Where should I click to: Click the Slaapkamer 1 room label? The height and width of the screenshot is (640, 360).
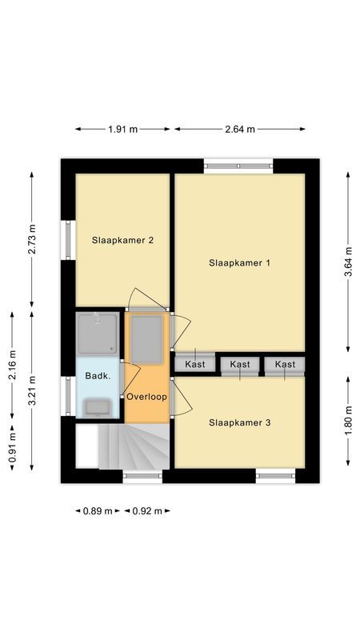click(x=240, y=262)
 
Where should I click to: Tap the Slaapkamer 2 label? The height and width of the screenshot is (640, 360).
click(x=122, y=239)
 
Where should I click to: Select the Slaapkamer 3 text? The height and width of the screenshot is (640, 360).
click(x=240, y=422)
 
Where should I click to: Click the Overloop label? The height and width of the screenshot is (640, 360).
click(x=146, y=396)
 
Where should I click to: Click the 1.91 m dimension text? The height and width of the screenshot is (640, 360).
click(x=122, y=129)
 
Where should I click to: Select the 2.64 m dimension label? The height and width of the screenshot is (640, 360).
click(x=240, y=129)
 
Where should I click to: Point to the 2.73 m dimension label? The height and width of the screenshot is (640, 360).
click(x=32, y=238)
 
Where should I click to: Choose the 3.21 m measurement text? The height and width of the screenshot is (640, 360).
click(x=32, y=390)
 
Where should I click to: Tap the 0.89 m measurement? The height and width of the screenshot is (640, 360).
click(x=97, y=510)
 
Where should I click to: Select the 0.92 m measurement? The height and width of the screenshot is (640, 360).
click(x=146, y=510)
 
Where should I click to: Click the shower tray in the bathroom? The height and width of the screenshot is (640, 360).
click(x=98, y=333)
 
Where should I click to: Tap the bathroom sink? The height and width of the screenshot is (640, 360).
click(x=98, y=407)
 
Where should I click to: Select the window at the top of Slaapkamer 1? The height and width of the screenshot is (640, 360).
click(x=238, y=166)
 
